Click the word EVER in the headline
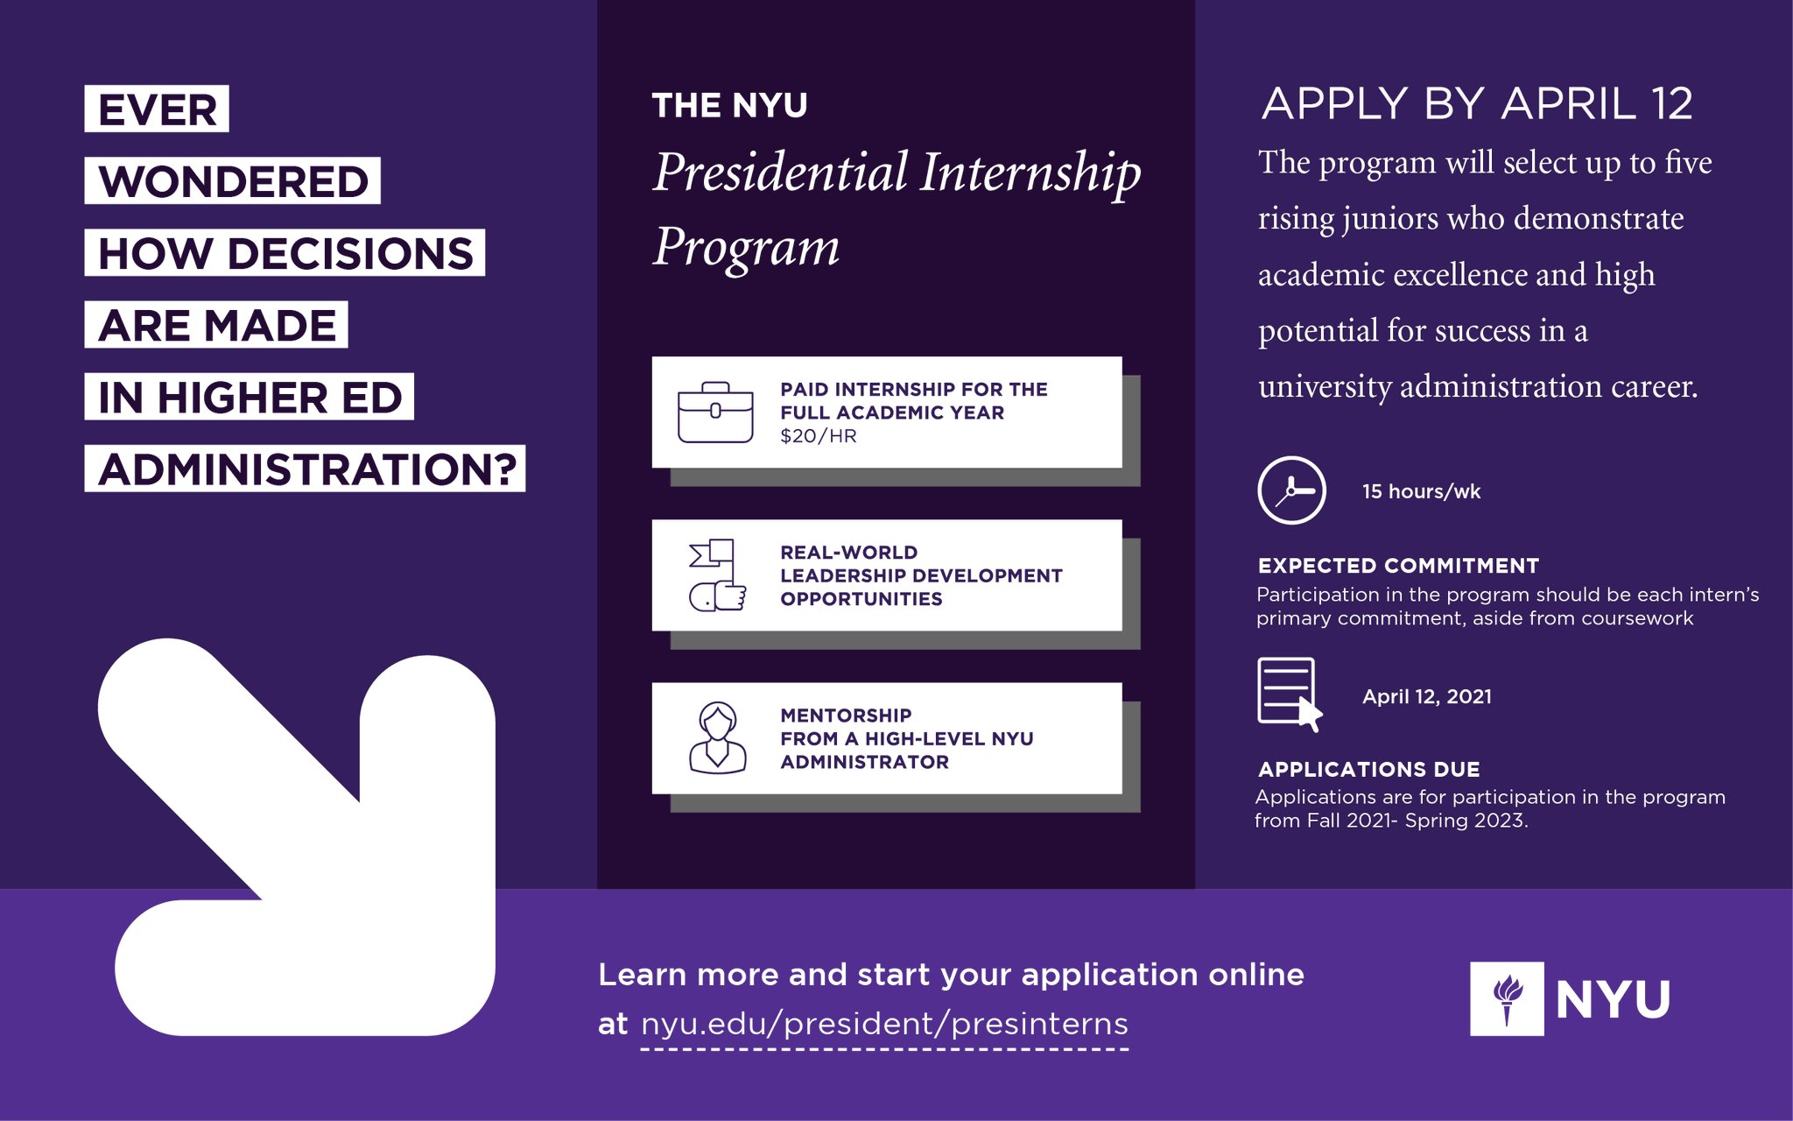coord(157,109)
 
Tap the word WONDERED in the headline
coord(232,181)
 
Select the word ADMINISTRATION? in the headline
coord(306,469)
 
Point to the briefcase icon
coord(715,412)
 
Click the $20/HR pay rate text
coord(818,436)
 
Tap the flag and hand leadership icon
coord(717,575)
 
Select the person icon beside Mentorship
coord(718,737)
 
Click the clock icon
coord(1291,490)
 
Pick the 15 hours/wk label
coord(1421,491)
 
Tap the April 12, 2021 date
coord(1426,696)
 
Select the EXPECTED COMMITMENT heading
coord(1398,566)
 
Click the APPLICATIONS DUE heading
coord(1368,770)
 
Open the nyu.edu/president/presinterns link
coord(884,1024)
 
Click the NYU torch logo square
coord(1506,999)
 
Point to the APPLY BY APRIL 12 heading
coord(1477,104)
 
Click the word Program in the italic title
coord(746,247)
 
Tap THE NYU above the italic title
coord(729,106)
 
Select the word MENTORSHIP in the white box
coord(846,716)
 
